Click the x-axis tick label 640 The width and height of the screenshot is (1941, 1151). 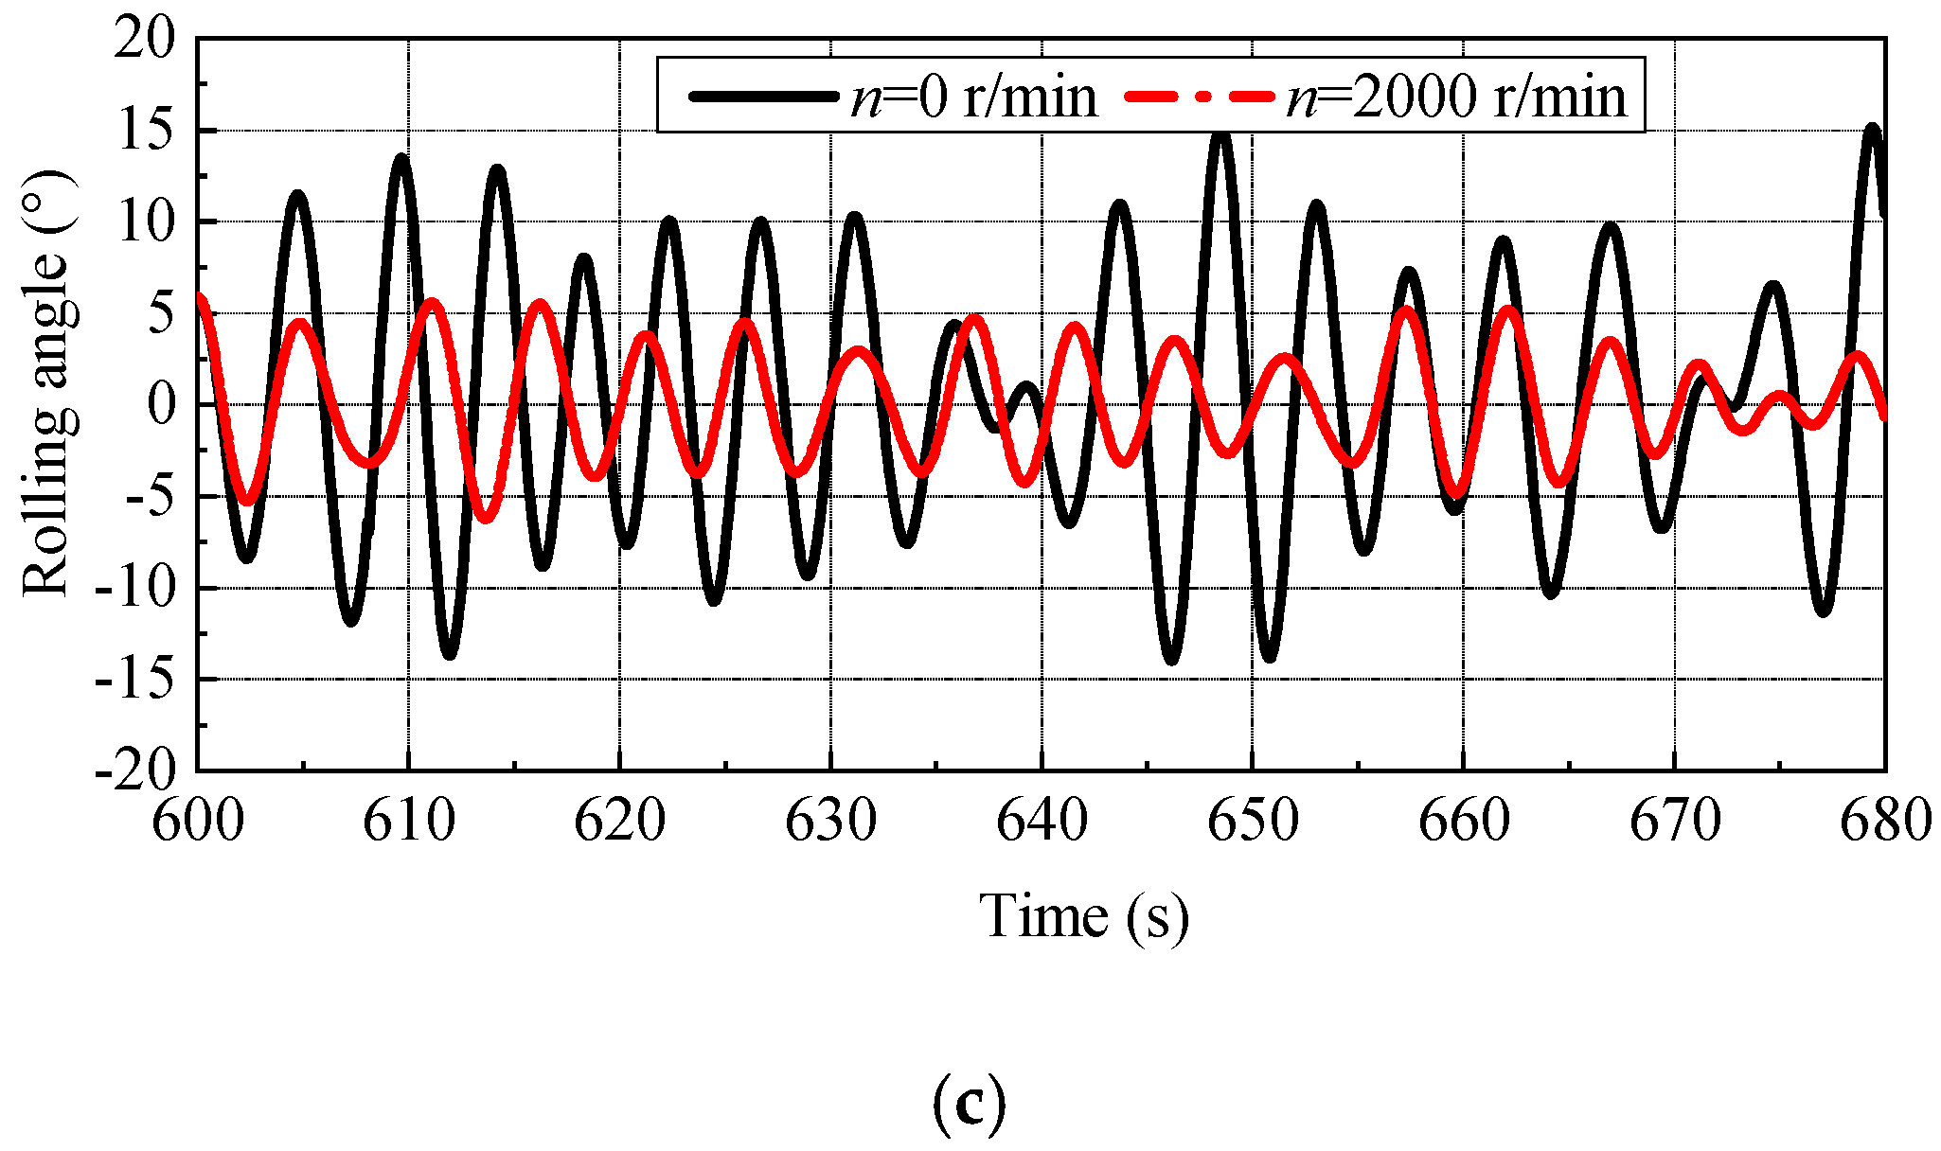pos(1042,822)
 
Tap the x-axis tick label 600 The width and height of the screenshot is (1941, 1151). pos(198,822)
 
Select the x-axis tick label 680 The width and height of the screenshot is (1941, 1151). pos(1884,822)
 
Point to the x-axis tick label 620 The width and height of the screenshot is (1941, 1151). pos(620,822)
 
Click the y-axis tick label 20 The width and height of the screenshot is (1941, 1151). pos(145,41)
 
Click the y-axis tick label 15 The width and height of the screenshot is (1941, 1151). pos(145,132)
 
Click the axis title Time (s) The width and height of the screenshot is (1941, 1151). pos(1083,916)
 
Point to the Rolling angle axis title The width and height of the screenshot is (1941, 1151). pos(47,383)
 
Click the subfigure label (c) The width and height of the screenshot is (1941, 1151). pos(968,1104)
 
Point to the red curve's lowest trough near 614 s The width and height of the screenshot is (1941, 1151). pos(485,517)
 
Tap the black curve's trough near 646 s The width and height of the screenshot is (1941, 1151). pos(1171,658)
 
